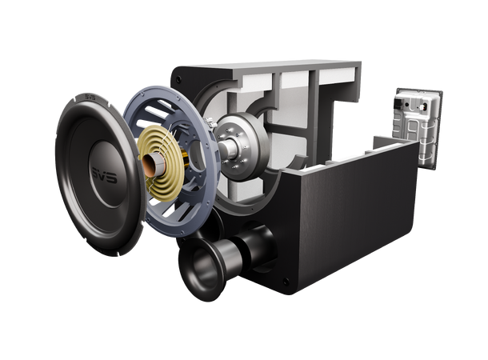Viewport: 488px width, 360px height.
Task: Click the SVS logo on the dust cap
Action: click(x=103, y=175)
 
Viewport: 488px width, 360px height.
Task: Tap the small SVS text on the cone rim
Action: click(x=89, y=98)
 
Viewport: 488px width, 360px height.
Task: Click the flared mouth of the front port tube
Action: click(x=198, y=268)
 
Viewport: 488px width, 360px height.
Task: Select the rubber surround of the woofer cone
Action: click(x=69, y=200)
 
